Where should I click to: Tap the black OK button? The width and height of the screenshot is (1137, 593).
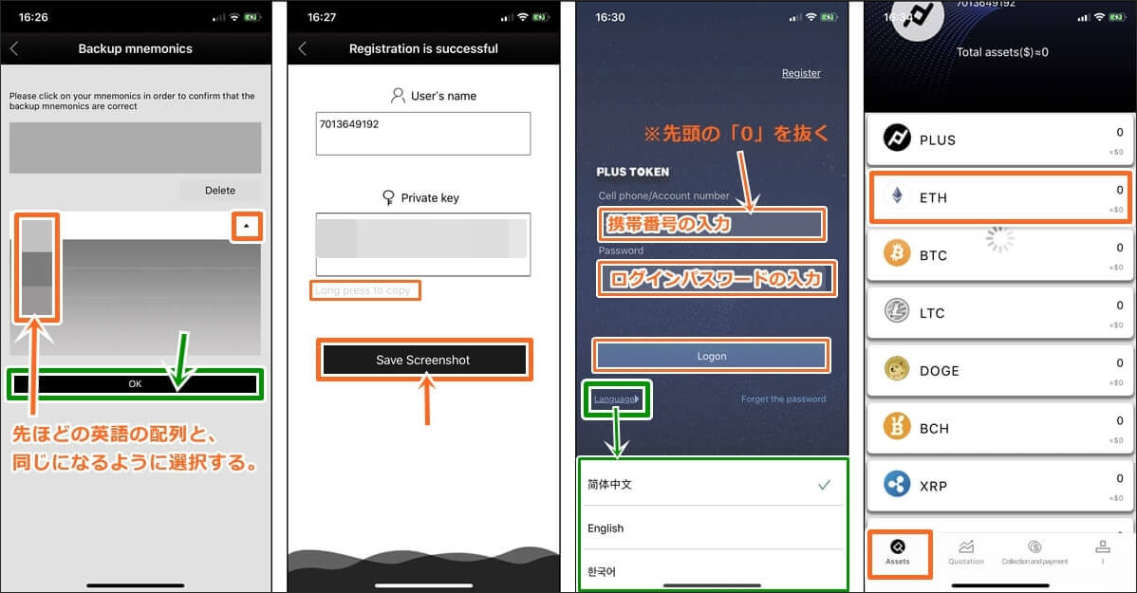(x=135, y=384)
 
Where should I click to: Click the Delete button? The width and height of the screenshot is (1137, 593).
(x=220, y=190)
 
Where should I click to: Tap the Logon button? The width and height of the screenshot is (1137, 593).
(x=711, y=356)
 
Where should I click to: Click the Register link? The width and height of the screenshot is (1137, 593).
(x=801, y=73)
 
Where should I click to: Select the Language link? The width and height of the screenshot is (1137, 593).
(x=616, y=398)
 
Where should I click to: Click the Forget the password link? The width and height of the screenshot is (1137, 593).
(x=783, y=399)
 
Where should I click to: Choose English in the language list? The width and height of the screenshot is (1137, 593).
(x=606, y=528)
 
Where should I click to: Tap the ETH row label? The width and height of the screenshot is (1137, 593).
(x=933, y=197)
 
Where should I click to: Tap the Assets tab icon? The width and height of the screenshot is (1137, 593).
(x=897, y=547)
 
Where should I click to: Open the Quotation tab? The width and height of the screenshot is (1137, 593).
(x=966, y=551)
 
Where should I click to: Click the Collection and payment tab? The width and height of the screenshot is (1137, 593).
(x=1034, y=551)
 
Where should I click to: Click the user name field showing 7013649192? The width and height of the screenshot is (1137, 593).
(x=423, y=134)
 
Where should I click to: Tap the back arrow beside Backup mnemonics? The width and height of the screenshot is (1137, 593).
(x=14, y=48)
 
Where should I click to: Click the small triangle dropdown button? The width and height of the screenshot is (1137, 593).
(x=246, y=226)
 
